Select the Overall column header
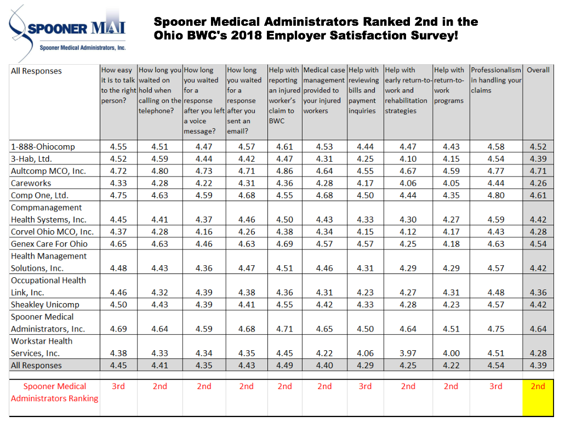[538, 70]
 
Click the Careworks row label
[31, 183]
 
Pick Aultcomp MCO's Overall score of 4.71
[538, 171]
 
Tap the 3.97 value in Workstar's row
[408, 353]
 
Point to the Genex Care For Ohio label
[49, 244]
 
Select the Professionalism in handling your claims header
[495, 80]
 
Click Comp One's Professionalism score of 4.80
[496, 195]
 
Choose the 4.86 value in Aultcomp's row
[284, 171]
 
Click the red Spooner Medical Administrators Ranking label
[55, 392]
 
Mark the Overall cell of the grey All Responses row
[538, 366]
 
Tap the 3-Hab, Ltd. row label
[31, 159]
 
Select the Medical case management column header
[324, 90]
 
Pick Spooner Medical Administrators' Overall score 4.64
[538, 329]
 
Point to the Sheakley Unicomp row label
[45, 305]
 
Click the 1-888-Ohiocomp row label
[43, 147]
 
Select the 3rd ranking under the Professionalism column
[495, 386]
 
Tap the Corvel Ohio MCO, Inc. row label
[52, 232]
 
